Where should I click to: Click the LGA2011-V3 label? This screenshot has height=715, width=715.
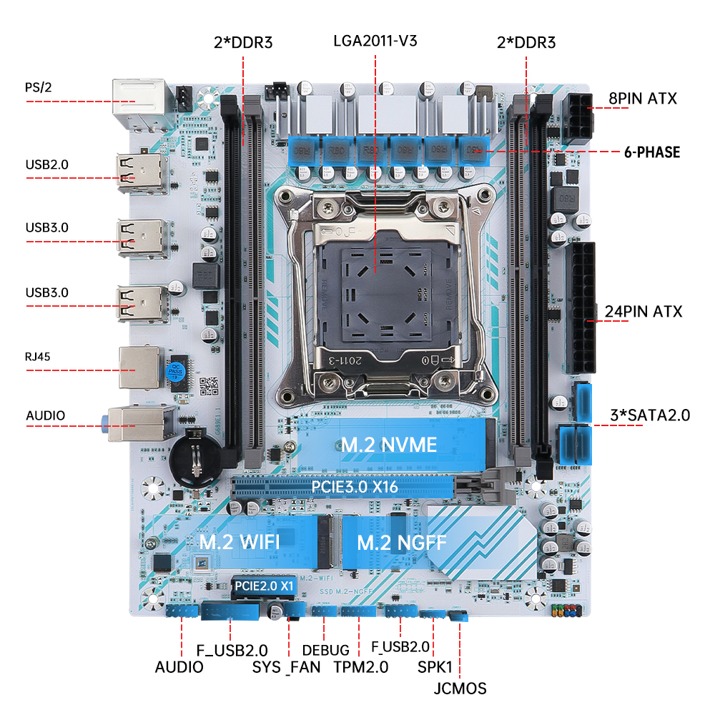(x=375, y=40)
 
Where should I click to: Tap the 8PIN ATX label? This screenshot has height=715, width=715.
(x=643, y=99)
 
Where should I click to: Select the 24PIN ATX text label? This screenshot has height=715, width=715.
(x=643, y=312)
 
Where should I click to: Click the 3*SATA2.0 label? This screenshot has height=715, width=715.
(x=648, y=415)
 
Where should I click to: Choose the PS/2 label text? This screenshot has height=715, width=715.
(x=39, y=87)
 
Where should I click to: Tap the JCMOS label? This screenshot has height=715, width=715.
(x=460, y=689)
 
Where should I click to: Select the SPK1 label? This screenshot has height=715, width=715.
(x=435, y=667)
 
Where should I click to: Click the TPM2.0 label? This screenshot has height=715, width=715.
(x=361, y=667)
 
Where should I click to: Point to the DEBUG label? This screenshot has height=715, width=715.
(x=325, y=650)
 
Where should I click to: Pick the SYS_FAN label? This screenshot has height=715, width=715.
(x=286, y=667)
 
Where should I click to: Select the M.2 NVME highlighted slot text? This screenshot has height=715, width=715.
(x=388, y=445)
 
